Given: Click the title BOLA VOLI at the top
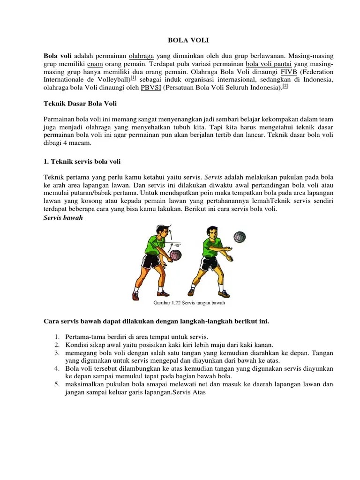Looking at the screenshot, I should [x=180, y=41].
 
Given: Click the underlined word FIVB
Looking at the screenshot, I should [x=290, y=72].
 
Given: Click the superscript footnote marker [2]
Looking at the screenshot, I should [x=285, y=86].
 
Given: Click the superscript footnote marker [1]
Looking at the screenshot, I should [x=133, y=78].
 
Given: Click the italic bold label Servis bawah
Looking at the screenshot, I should [x=63, y=218].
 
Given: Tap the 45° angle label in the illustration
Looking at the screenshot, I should [x=177, y=245].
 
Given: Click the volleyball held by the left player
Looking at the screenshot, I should [x=175, y=255].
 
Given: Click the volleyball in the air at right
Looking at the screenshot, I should [x=240, y=237].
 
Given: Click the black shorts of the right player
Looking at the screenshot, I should [x=209, y=263].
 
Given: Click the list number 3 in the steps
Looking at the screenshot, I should [x=56, y=352].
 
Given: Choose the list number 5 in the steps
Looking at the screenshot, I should [x=56, y=384].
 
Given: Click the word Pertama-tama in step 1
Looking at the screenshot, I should [x=83, y=337].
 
